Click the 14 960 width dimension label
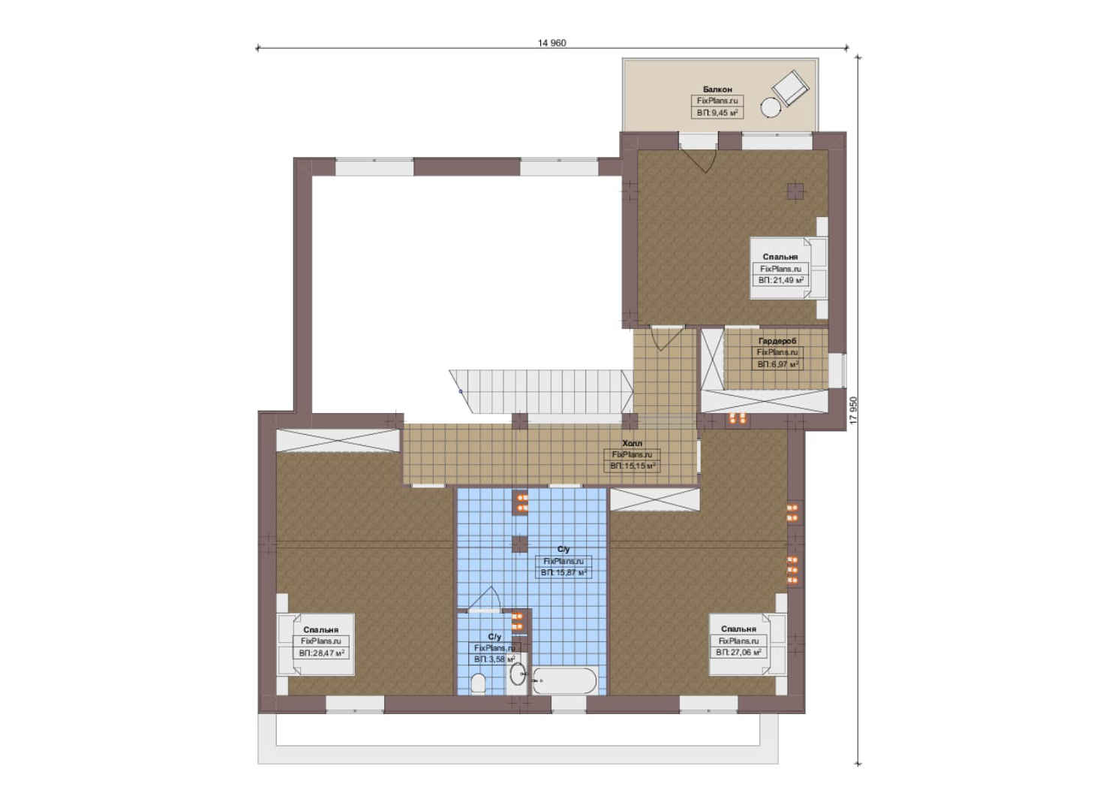tap(552, 43)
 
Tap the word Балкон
tap(717, 89)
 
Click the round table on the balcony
tap(770, 107)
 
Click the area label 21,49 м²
tap(780, 280)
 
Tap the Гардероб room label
tap(777, 341)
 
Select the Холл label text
tap(632, 443)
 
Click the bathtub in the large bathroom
tap(565, 681)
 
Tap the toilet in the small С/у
tap(479, 683)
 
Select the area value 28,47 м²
tap(321, 653)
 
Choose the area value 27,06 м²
tap(738, 653)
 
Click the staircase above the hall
tap(541, 391)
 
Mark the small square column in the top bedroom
tap(795, 191)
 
